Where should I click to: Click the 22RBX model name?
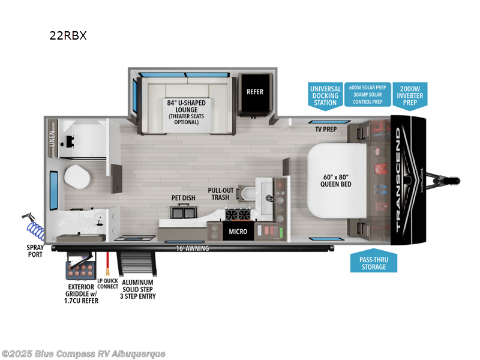click(68, 35)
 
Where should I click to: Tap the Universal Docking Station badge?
click(325, 95)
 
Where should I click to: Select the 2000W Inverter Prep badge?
click(410, 95)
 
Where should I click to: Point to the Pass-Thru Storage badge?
click(374, 262)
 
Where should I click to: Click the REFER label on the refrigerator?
click(255, 92)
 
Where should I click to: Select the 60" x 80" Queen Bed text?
click(336, 180)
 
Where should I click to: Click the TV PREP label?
click(326, 129)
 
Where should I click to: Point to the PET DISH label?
click(184, 197)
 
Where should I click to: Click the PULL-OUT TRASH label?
click(220, 194)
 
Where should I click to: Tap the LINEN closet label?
click(52, 139)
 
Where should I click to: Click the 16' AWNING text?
click(192, 248)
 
